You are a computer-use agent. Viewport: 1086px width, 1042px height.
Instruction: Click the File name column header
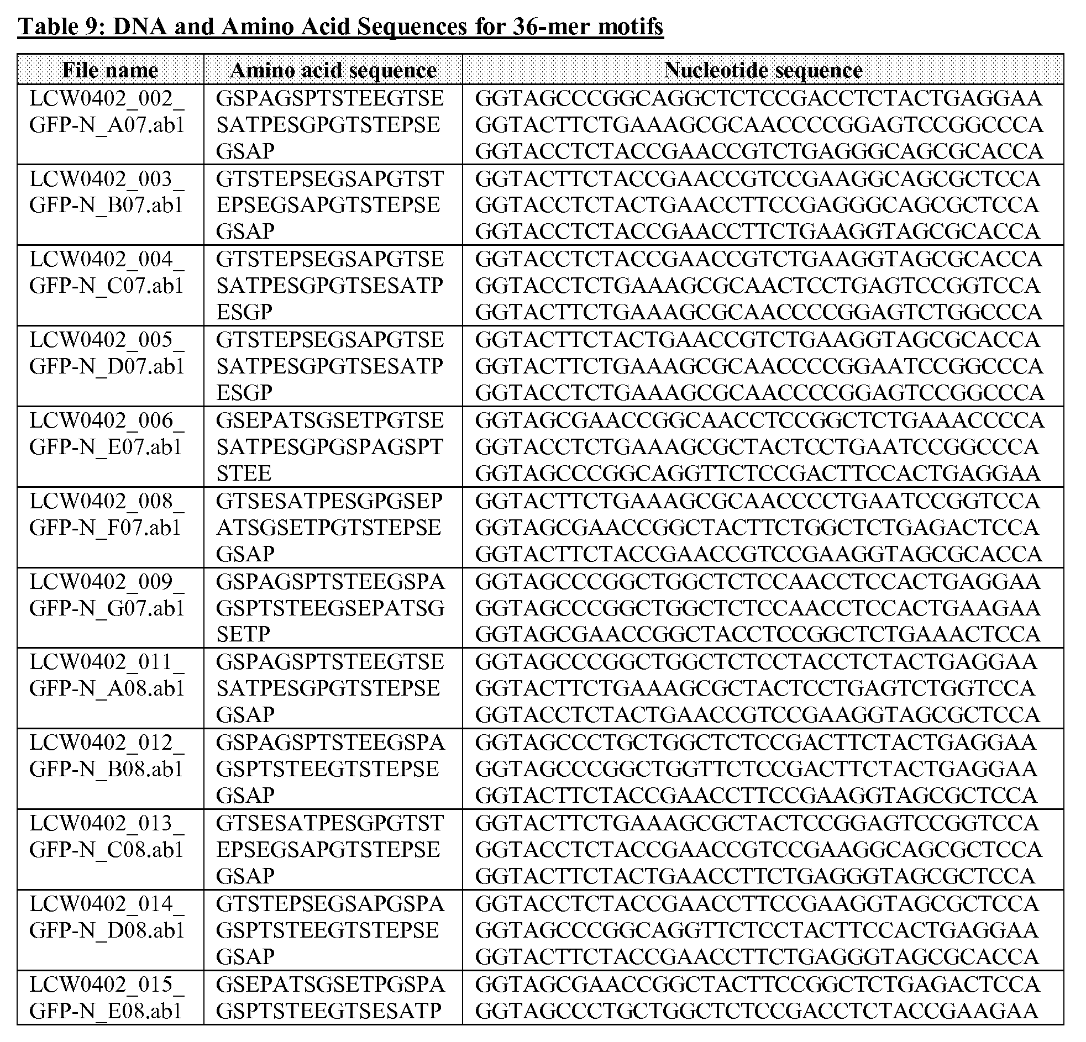click(111, 70)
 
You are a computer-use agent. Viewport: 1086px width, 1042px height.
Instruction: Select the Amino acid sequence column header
click(333, 70)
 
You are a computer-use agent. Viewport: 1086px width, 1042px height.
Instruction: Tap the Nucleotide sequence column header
click(763, 70)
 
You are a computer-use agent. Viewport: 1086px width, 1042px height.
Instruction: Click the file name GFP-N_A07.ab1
click(106, 125)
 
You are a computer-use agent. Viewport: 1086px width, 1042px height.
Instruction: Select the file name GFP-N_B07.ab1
click(106, 206)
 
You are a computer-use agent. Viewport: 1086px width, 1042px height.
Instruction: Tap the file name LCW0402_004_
click(106, 259)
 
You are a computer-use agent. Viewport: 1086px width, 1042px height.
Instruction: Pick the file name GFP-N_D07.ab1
click(106, 367)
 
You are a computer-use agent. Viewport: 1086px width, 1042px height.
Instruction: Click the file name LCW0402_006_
click(106, 420)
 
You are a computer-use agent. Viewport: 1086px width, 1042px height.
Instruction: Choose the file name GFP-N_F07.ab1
click(105, 528)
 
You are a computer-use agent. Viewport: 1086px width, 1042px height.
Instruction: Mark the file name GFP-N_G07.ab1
click(106, 608)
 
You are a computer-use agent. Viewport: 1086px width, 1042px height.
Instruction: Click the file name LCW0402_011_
click(106, 662)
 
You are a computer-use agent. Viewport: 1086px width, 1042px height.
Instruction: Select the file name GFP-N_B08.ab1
click(106, 769)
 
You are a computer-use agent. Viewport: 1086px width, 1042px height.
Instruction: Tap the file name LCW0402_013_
click(106, 823)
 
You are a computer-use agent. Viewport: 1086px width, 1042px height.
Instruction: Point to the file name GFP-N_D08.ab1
click(106, 930)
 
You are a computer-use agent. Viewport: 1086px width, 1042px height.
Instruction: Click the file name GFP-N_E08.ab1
click(106, 1011)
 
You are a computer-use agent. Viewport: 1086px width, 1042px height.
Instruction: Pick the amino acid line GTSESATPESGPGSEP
click(329, 501)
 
